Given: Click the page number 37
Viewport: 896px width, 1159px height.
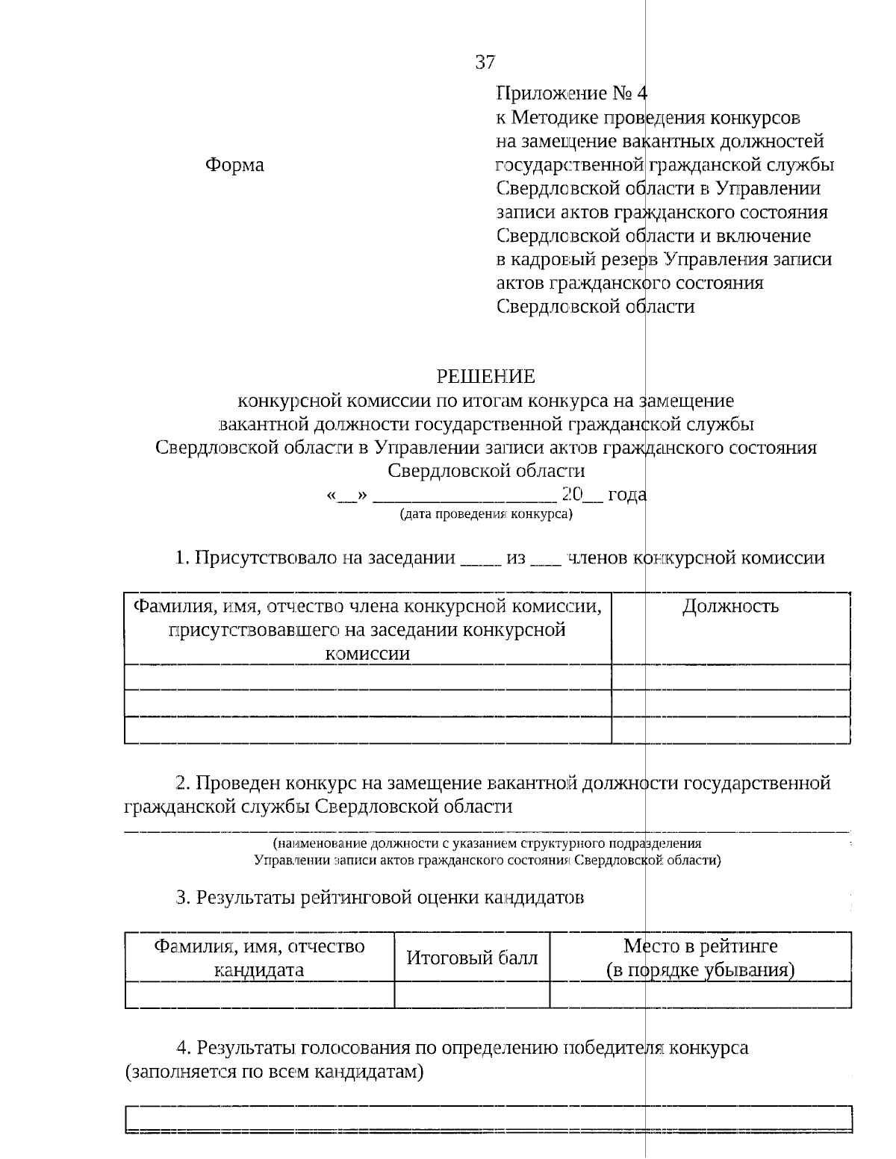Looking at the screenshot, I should [485, 63].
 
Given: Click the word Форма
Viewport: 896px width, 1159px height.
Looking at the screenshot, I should [234, 165].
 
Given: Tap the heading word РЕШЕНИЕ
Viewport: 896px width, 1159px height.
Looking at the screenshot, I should [485, 376].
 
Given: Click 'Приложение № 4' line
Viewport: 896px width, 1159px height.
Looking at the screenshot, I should [572, 94].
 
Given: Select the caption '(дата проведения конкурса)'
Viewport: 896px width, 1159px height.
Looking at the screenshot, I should [486, 514].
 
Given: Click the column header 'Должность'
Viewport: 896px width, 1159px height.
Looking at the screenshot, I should [730, 606].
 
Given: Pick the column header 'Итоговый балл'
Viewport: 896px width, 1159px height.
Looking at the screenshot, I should [472, 957].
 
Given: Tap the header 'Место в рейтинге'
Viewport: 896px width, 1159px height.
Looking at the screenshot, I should [700, 946].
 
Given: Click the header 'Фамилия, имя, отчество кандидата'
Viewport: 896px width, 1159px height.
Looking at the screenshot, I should [259, 957].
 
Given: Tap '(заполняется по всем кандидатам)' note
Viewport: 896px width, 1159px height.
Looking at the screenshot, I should [275, 1072].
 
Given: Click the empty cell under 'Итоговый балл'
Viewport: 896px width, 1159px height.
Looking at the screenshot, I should [472, 995].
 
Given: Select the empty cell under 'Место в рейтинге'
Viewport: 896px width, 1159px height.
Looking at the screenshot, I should [700, 995].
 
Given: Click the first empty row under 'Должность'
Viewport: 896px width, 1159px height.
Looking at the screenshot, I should [730, 677].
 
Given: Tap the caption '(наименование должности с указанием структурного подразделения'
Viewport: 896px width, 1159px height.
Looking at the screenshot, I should [487, 843].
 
